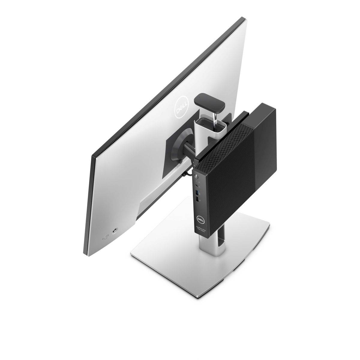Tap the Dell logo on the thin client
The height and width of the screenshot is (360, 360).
pos(200,218)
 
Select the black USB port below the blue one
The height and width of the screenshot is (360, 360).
pos(197,199)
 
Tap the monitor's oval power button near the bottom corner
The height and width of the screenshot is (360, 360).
pos(105,237)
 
